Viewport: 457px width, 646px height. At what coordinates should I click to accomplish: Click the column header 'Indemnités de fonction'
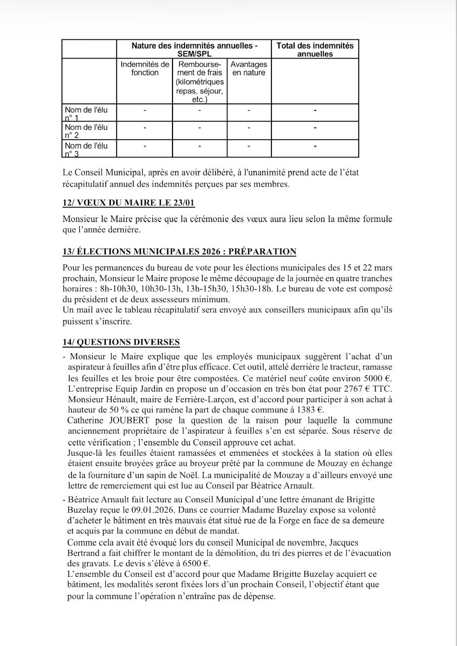point(145,69)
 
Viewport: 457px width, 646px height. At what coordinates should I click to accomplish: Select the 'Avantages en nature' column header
point(249,69)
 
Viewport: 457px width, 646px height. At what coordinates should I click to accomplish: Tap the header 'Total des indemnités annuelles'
point(315,49)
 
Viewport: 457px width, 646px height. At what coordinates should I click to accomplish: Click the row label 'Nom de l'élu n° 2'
point(86,131)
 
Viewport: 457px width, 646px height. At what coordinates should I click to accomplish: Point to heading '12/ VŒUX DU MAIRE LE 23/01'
point(129,203)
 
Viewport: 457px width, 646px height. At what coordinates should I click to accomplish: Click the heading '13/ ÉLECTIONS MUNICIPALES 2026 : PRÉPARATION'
point(180,251)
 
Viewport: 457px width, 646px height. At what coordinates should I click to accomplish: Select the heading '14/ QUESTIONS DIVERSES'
point(121,342)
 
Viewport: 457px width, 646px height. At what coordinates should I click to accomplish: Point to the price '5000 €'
point(378,378)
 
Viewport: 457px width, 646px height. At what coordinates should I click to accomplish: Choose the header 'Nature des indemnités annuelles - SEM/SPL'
point(194,49)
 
